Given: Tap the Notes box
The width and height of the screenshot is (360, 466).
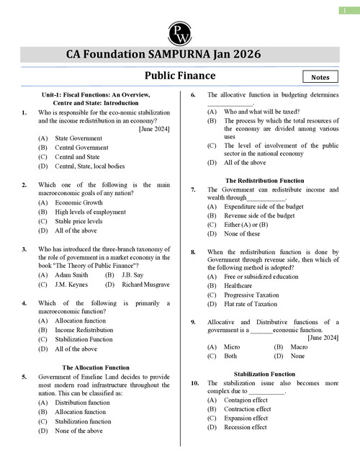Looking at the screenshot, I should (x=320, y=76).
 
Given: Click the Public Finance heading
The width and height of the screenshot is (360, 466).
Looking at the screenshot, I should (x=180, y=75).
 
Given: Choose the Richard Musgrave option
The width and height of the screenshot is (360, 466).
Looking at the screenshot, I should (x=146, y=284).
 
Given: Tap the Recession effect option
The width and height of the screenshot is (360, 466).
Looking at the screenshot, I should (x=246, y=427).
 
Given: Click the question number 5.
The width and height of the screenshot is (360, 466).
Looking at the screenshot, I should (x=24, y=377).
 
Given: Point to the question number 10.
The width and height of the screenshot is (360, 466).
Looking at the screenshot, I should (x=194, y=383).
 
